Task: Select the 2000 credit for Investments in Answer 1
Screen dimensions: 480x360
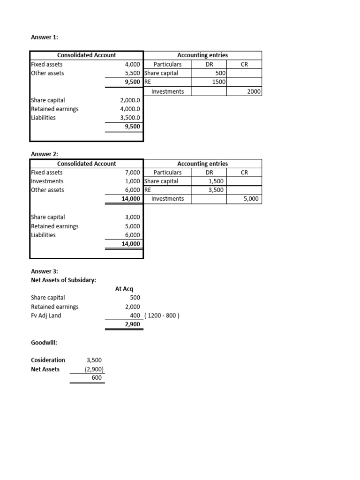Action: (x=254, y=91)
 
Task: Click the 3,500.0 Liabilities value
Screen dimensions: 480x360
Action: (x=130, y=118)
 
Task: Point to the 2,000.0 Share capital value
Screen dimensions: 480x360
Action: (x=130, y=100)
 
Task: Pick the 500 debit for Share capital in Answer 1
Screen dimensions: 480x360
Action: (x=220, y=73)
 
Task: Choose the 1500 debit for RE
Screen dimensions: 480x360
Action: (x=218, y=82)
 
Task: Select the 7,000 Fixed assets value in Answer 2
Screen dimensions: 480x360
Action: (x=132, y=172)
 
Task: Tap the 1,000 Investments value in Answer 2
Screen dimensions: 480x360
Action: (x=132, y=181)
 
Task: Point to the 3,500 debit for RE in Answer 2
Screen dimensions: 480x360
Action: (x=216, y=190)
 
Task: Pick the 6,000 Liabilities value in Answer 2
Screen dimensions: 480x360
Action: (x=132, y=235)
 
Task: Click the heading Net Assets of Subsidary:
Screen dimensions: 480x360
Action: (x=63, y=280)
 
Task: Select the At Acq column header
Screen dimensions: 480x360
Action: (x=124, y=289)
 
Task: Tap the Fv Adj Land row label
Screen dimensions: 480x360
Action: (x=46, y=315)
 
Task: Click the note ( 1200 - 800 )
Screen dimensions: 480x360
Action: (x=162, y=315)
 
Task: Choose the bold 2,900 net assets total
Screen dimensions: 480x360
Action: (x=132, y=324)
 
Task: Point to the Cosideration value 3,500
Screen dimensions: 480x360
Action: (x=94, y=360)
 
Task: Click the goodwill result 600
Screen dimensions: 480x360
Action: (x=97, y=378)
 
